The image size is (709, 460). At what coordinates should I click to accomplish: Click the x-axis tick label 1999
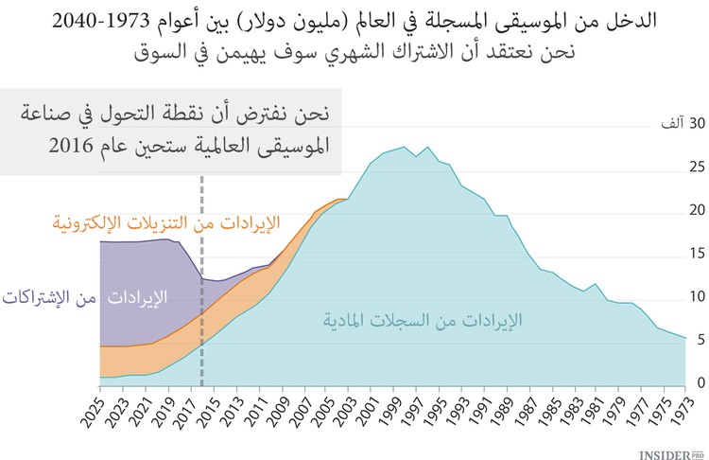394,409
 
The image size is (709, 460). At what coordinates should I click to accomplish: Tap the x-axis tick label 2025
99,409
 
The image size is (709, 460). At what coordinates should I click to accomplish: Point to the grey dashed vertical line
201,284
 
